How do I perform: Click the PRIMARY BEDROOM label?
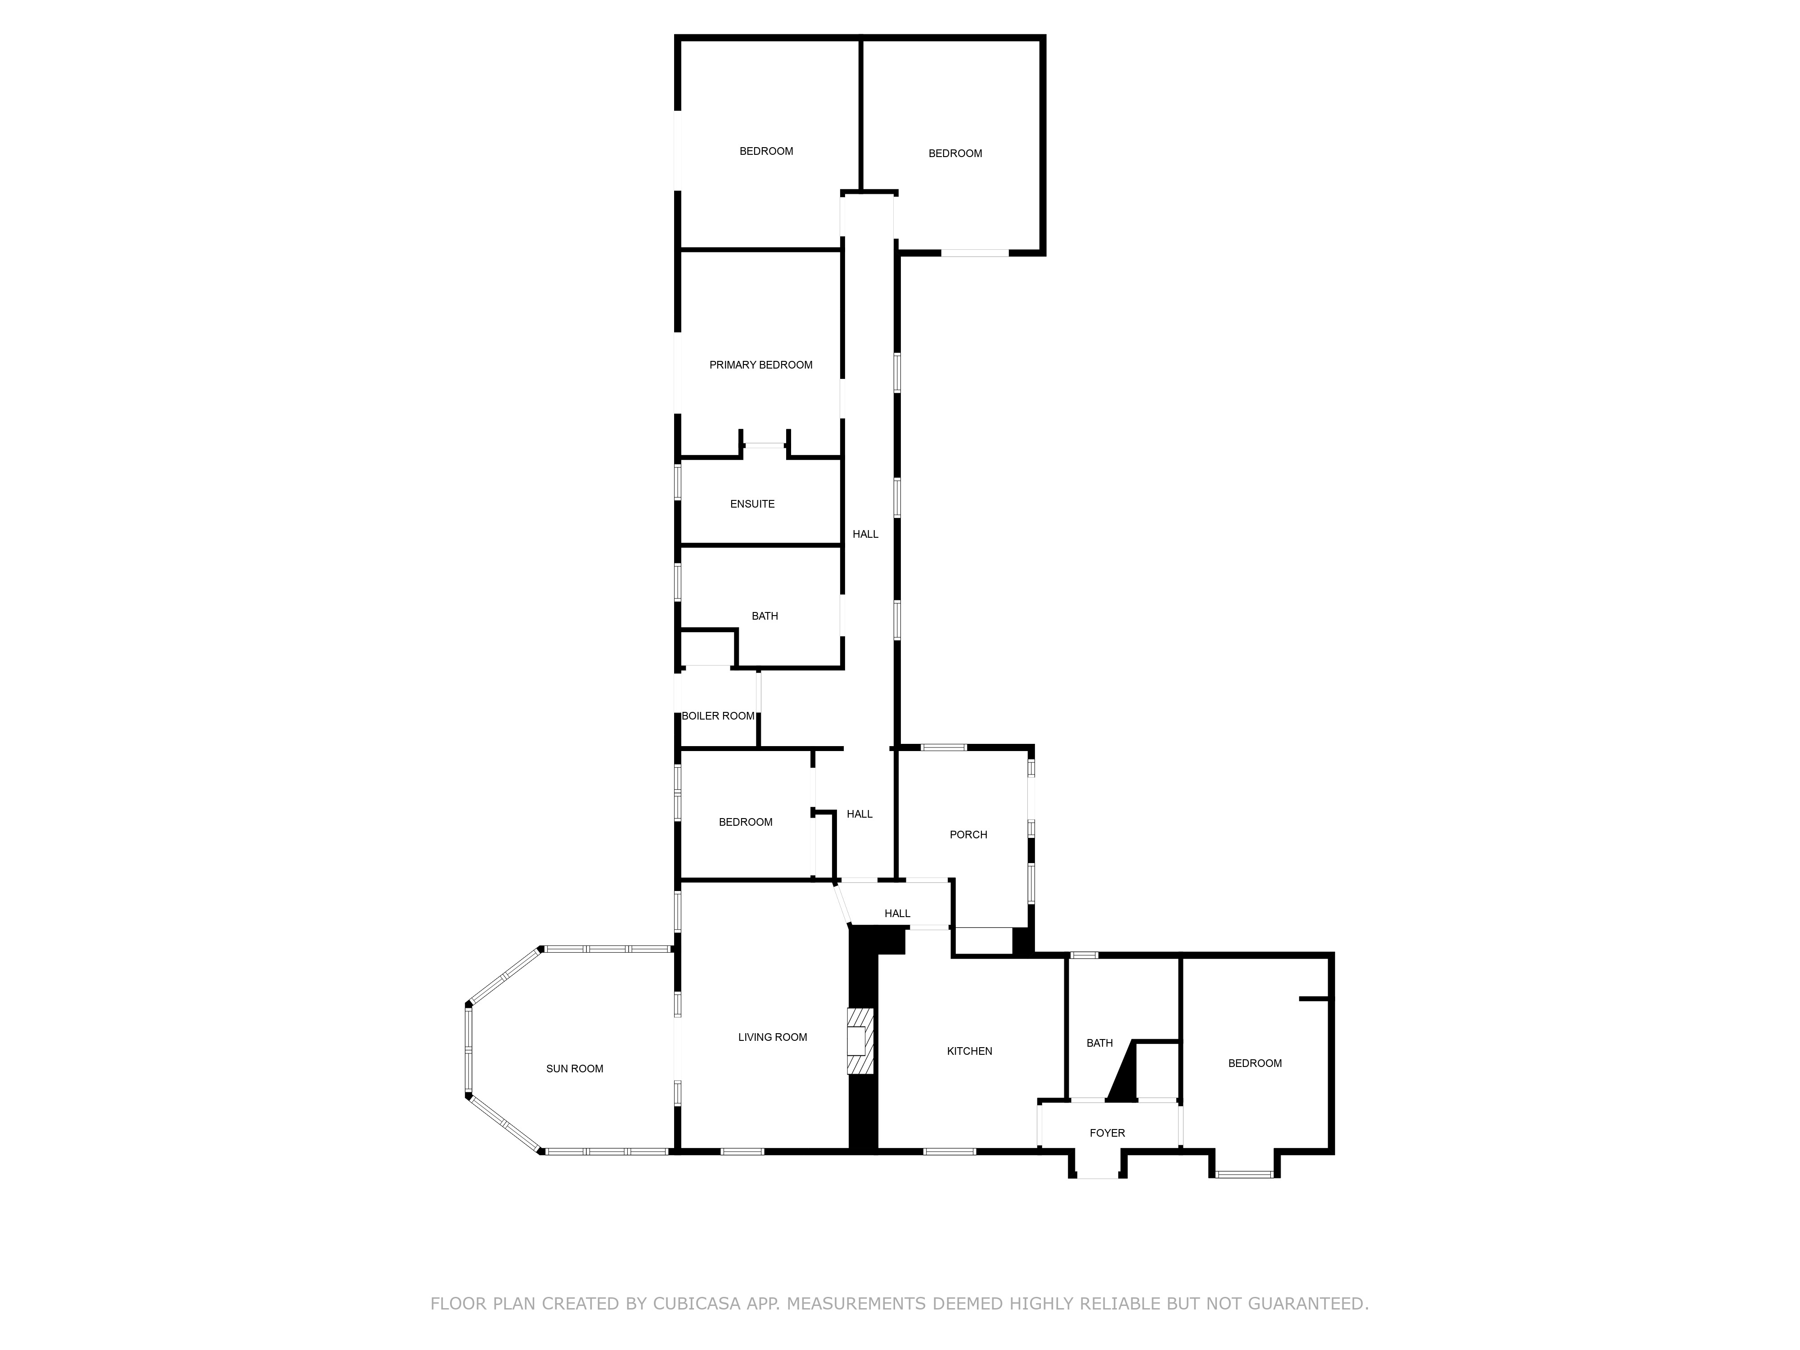(x=761, y=364)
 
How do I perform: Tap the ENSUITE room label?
(x=752, y=504)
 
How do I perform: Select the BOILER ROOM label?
(x=718, y=716)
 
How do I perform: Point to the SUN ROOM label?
(x=575, y=1068)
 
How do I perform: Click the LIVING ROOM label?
(x=772, y=1037)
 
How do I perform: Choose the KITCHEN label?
(x=969, y=1051)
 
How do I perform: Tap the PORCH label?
(x=968, y=834)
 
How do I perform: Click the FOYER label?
(x=1107, y=1133)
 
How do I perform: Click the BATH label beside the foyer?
(x=1099, y=1042)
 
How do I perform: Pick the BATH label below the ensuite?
(x=765, y=616)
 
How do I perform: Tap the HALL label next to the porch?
(x=859, y=814)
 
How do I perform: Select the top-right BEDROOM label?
(x=955, y=153)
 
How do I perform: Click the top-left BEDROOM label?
(x=766, y=151)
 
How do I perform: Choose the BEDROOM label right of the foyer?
(x=1255, y=1063)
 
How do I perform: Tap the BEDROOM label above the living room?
(x=745, y=822)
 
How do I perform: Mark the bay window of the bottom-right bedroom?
(x=1244, y=1174)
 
